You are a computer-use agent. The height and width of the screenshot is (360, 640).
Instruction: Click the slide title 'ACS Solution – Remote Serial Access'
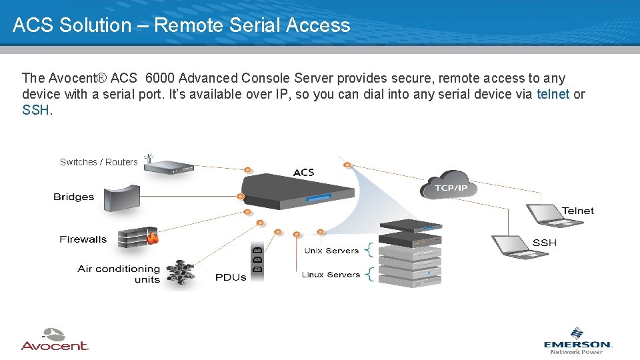(x=181, y=25)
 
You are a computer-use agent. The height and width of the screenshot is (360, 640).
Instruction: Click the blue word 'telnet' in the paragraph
(x=553, y=94)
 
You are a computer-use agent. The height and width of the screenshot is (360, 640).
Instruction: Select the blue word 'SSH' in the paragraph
(x=35, y=110)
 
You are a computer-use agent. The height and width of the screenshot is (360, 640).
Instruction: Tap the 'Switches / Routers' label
(x=99, y=162)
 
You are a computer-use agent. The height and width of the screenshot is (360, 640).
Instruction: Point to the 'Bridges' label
(x=74, y=197)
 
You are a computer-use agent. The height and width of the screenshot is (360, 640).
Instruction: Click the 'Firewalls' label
(x=83, y=239)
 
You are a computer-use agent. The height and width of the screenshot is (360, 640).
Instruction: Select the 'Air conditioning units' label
(x=119, y=273)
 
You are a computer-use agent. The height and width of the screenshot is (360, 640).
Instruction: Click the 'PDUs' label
(x=231, y=277)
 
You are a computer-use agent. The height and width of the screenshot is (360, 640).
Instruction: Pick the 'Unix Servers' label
(x=331, y=251)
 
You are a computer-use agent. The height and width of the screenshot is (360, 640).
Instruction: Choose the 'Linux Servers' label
(x=331, y=274)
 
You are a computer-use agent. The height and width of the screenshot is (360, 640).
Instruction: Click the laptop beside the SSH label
(x=510, y=244)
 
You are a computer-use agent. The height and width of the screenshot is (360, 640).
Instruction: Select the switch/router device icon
(x=169, y=167)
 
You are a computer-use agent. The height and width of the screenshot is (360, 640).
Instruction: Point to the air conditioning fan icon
(x=180, y=273)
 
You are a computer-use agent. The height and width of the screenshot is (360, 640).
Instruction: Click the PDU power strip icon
(x=257, y=260)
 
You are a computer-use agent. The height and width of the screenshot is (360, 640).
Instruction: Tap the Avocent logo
(x=55, y=339)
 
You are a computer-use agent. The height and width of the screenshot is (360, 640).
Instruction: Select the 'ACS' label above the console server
(x=303, y=173)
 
